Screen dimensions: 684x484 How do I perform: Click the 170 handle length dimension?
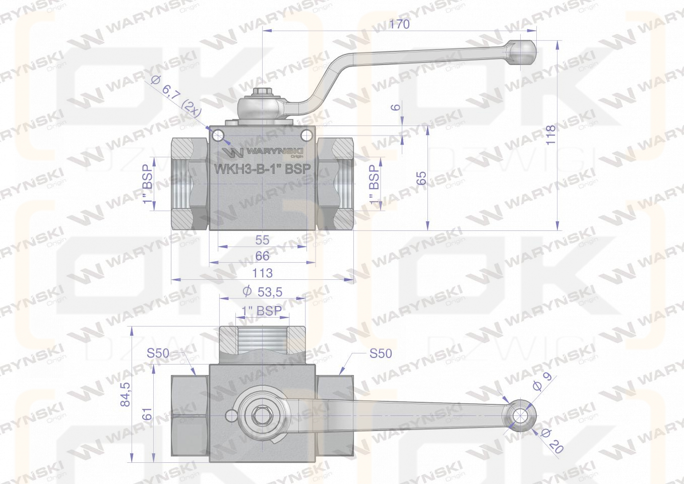point(400,24)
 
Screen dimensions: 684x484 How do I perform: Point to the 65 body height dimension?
point(421,178)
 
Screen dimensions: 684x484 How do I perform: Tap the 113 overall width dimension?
point(262,273)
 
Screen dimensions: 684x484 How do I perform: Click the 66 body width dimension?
point(262,256)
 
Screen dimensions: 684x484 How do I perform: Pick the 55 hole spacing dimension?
point(262,240)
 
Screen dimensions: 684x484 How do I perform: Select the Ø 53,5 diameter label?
point(263,292)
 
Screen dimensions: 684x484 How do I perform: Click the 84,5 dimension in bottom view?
point(126,394)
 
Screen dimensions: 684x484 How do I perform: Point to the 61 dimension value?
point(148,414)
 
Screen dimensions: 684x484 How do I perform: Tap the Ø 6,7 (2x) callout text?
point(176,96)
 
